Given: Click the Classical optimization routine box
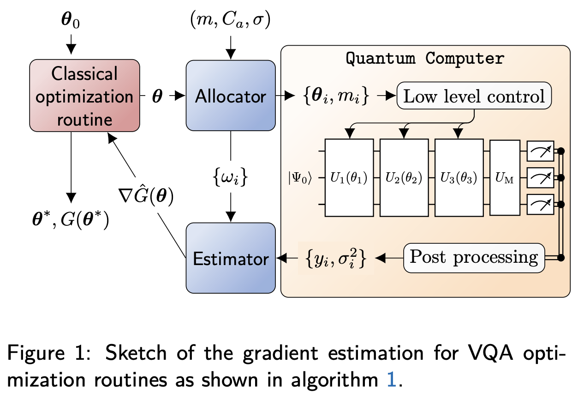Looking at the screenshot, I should coord(84,96).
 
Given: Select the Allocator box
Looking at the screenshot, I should coord(230,96).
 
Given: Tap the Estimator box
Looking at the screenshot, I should coord(230,258).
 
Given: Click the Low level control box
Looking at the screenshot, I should coord(474,96).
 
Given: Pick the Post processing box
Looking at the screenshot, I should coord(474,257).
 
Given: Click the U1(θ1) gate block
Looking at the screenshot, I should coord(349,177).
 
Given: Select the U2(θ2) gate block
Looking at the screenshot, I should coord(404,177).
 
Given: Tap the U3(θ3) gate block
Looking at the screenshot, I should coord(459,177).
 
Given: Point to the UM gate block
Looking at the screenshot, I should coord(505,177).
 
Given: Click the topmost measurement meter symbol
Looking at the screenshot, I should coord(540,151).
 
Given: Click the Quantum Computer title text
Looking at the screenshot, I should coord(425,59).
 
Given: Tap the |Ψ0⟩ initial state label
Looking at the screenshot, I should coord(300,178).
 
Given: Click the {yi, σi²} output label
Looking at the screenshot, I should coord(336,258).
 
